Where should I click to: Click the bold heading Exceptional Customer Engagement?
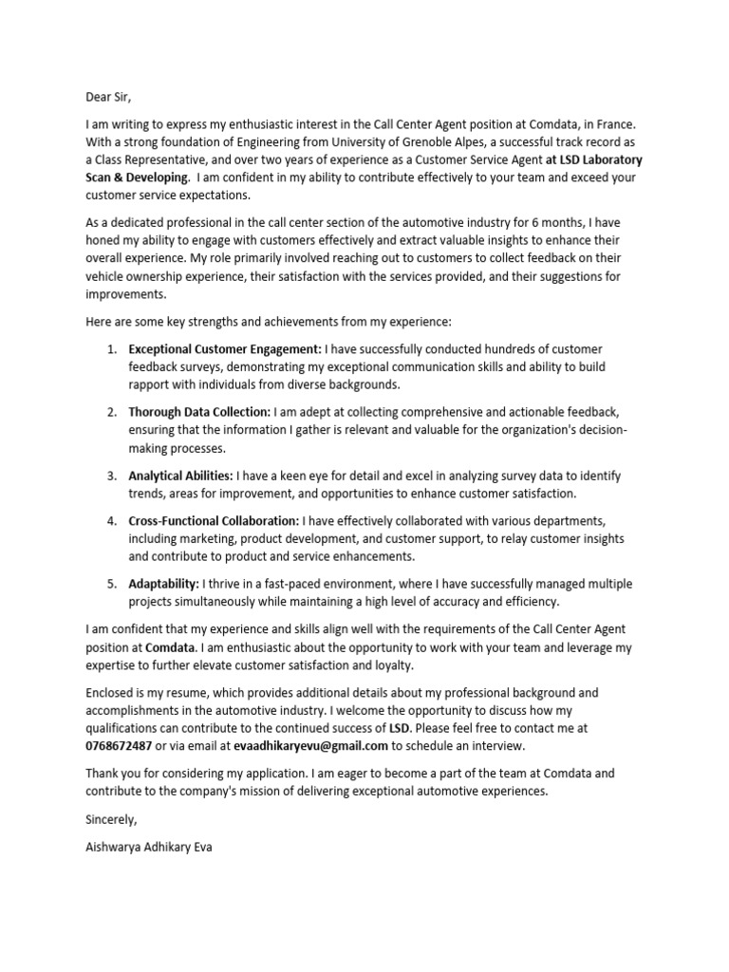coord(225,349)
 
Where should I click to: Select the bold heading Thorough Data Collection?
coord(199,413)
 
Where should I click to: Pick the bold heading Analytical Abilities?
coord(180,476)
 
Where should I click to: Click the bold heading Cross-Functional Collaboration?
coord(214,521)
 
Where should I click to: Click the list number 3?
coord(111,476)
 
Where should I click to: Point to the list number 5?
coord(111,584)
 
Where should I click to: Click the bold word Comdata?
coord(171,646)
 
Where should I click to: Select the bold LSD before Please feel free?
coord(400,728)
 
